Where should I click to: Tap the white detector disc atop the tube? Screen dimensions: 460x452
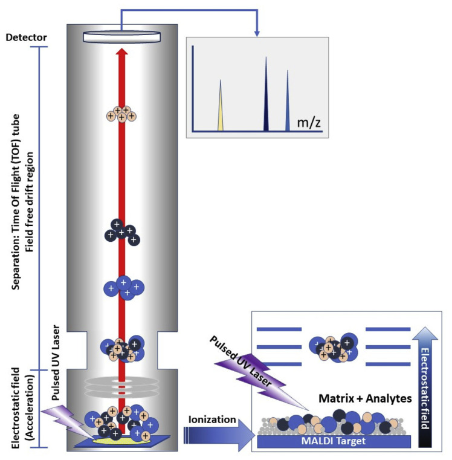point(121,37)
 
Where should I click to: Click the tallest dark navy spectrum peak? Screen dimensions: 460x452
point(266,97)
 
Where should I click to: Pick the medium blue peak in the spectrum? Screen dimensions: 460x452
point(288,103)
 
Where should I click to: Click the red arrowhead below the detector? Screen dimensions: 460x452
point(121,56)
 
